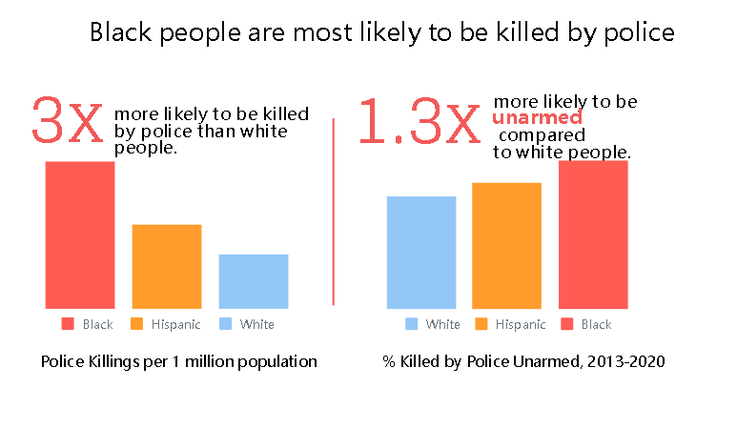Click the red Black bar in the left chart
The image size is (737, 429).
(80, 235)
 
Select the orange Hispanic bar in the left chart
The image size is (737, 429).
(166, 266)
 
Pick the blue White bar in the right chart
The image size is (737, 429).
(421, 252)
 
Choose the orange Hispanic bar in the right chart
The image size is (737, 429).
(506, 245)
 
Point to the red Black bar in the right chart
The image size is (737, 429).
(593, 235)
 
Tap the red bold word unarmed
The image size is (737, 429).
(537, 118)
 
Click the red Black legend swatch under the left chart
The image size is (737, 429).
(68, 324)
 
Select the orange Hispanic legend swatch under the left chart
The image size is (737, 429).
(136, 324)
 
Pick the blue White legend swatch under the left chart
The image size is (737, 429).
(225, 324)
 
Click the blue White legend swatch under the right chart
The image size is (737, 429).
(411, 324)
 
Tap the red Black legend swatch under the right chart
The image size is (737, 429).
(566, 324)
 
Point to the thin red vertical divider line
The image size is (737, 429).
(333, 211)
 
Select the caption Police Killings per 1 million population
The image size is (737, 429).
(178, 362)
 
